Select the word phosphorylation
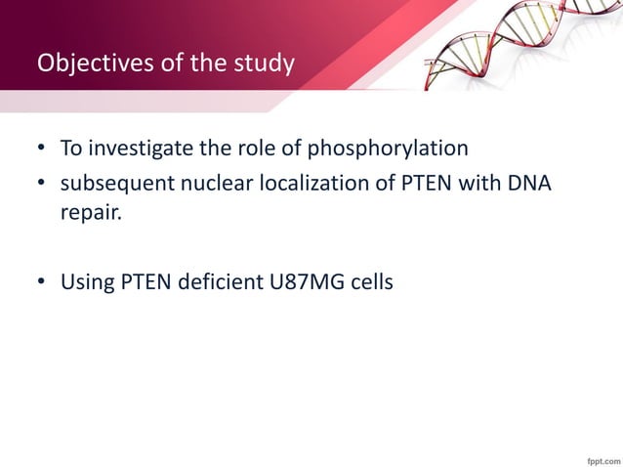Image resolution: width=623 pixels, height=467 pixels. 388,149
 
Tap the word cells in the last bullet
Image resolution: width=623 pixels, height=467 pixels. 371,284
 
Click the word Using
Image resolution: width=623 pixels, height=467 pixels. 88,284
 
